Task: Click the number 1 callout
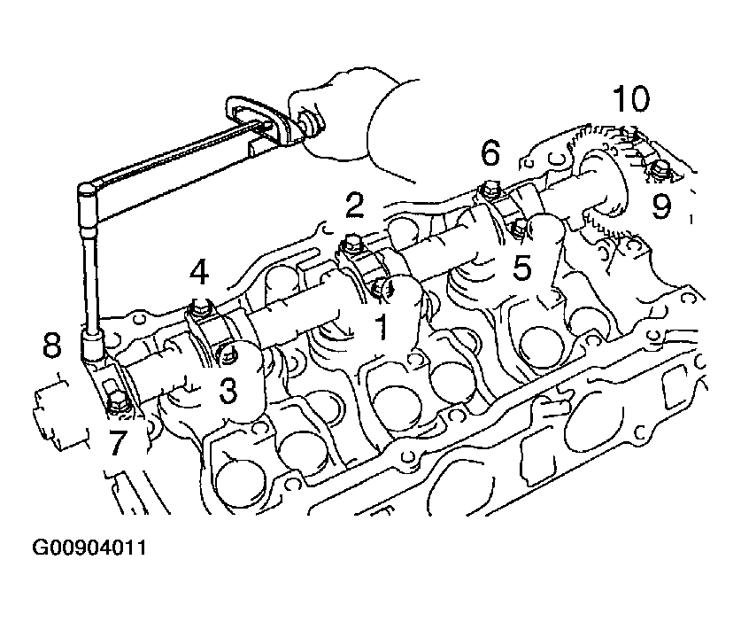click(x=381, y=327)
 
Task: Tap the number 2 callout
click(x=354, y=206)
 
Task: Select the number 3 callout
click(x=228, y=390)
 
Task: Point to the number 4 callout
click(x=199, y=272)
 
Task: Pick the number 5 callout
click(x=521, y=268)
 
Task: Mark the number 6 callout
click(x=490, y=152)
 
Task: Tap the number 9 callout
click(x=661, y=206)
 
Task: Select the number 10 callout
click(x=630, y=98)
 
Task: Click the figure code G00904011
click(x=89, y=548)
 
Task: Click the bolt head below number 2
click(x=351, y=243)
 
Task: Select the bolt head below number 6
click(x=489, y=190)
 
